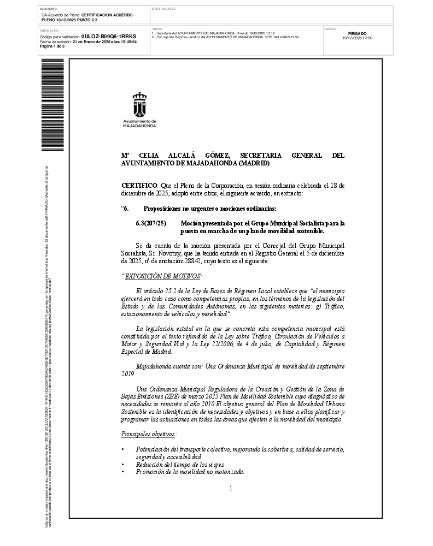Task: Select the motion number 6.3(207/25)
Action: [x=150, y=224]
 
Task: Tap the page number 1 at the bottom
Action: [x=231, y=488]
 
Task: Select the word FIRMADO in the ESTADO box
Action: [x=357, y=34]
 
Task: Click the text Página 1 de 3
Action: [x=52, y=46]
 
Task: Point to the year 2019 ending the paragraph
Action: [x=127, y=374]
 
